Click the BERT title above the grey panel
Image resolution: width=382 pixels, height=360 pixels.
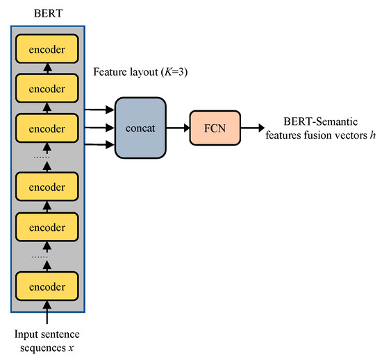tap(47, 13)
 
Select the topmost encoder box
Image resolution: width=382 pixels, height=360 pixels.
tap(47, 50)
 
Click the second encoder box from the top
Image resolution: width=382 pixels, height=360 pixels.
tap(47, 89)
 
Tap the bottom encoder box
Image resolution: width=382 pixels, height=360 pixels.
tap(47, 285)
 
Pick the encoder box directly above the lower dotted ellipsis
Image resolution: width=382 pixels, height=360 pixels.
tap(47, 226)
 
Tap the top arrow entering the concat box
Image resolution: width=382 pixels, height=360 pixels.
tap(100, 108)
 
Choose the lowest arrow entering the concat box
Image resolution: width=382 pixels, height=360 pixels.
tap(100, 144)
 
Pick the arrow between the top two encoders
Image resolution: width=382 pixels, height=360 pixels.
tap(47, 69)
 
